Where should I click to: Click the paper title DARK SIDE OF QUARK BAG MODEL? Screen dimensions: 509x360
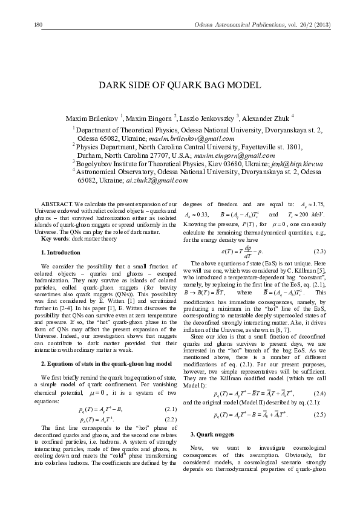180,85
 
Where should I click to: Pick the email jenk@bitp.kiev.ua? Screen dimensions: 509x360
297,164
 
